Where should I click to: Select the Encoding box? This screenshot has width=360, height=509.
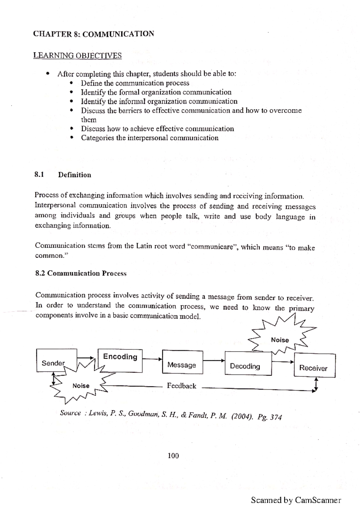pyautogui.click(x=120, y=361)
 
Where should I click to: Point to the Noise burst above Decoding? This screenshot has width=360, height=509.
pyautogui.click(x=280, y=340)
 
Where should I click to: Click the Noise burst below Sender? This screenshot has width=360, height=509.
pyautogui.click(x=80, y=385)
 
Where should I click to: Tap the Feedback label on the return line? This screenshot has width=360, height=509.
pyautogui.click(x=181, y=386)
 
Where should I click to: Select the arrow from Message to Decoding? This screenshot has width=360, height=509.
pyautogui.click(x=214, y=361)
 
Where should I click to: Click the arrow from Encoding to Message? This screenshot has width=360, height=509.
pyautogui.click(x=152, y=359)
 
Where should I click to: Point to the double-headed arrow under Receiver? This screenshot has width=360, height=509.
pyautogui.click(x=316, y=385)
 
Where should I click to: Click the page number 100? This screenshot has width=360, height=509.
pyautogui.click(x=173, y=456)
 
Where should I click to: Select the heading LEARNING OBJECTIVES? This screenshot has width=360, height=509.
pyautogui.click(x=77, y=55)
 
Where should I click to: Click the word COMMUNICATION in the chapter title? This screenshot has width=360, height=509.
pyautogui.click(x=118, y=34)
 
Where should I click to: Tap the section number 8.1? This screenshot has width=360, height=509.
pyautogui.click(x=39, y=174)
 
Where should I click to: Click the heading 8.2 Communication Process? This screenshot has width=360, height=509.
pyautogui.click(x=81, y=273)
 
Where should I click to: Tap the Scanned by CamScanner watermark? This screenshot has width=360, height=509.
pyautogui.click(x=296, y=500)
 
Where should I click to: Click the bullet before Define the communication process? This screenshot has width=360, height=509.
pyautogui.click(x=71, y=83)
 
